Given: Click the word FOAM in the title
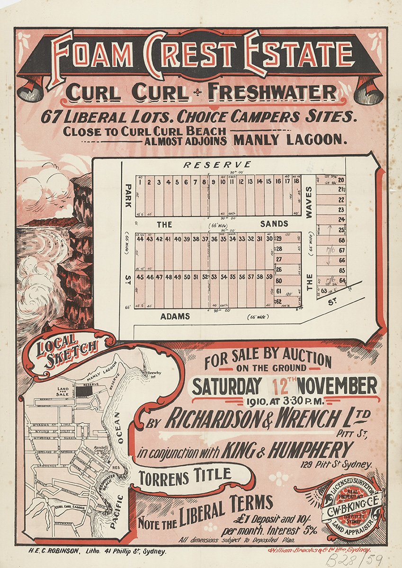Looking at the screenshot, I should [x=92, y=55].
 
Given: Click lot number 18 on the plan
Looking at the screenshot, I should [x=296, y=181].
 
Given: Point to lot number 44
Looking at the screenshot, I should [x=140, y=239].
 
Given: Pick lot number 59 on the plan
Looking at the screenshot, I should [x=268, y=276].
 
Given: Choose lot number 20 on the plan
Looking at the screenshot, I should [x=341, y=179].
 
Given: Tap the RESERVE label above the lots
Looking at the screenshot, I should [x=217, y=165].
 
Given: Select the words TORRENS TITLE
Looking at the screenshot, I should [x=185, y=475].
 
